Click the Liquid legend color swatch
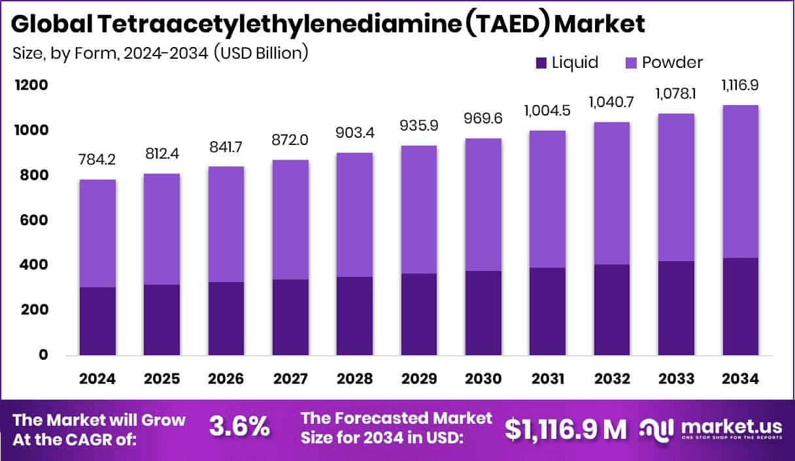[541, 63]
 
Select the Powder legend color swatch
[631, 63]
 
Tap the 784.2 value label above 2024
[98, 160]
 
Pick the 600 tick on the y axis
[33, 221]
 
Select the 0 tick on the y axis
[42, 355]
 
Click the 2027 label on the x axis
[291, 379]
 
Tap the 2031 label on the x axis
[548, 379]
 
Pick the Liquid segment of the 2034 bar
[741, 307]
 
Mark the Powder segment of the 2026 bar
[227, 224]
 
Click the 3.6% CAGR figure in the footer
[239, 428]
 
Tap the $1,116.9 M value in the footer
[566, 428]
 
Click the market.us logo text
[730, 425]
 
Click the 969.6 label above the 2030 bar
[484, 119]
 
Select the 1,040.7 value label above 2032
[612, 103]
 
